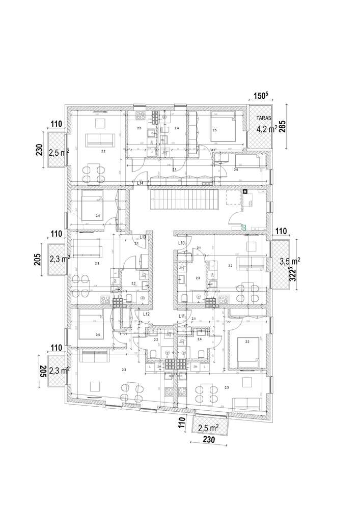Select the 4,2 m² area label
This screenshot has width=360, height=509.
(x=266, y=129)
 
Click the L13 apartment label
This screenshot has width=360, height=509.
(x=143, y=237)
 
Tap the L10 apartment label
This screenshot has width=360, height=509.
(x=181, y=243)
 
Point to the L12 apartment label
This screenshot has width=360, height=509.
(x=146, y=315)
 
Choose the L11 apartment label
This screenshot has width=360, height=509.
(x=181, y=316)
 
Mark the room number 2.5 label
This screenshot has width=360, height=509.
(x=214, y=131)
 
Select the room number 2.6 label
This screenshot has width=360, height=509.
(x=236, y=169)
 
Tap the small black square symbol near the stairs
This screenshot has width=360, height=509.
(x=245, y=192)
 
